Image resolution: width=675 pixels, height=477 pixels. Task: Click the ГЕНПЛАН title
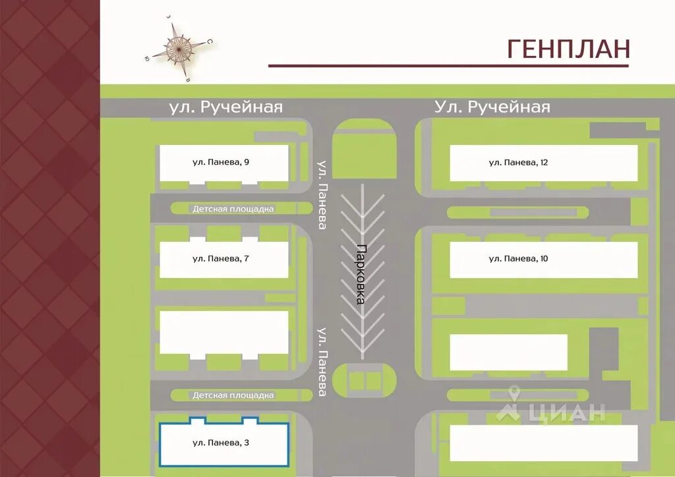tap(568, 49)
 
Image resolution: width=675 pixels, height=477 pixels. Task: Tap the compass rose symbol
tap(177, 47)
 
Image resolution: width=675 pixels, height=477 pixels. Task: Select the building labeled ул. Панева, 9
tap(223, 163)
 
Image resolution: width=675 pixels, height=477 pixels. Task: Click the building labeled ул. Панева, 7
tap(223, 259)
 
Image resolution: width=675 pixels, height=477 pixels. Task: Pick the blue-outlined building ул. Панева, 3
tap(223, 443)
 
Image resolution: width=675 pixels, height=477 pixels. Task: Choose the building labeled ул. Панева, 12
tap(543, 163)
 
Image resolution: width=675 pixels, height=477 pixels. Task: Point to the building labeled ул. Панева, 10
tap(543, 259)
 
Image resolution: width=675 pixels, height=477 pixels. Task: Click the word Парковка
tap(361, 274)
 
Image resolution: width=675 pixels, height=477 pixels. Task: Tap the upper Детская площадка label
tap(233, 209)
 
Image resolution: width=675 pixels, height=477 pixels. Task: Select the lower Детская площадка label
tap(233, 395)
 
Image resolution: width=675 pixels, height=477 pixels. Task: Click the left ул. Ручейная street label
tap(225, 107)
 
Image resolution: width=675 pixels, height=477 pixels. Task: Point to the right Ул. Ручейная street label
tap(492, 107)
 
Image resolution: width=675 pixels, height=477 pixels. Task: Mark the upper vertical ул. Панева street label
tap(322, 195)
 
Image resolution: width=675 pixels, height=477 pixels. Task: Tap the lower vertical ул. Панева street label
tap(322, 362)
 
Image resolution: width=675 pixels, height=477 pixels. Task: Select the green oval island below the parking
tap(364, 381)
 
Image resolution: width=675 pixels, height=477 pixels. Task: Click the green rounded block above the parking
tap(364, 148)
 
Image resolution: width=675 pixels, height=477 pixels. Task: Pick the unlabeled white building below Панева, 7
tap(223, 333)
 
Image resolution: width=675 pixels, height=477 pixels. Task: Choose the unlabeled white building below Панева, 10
tap(508, 352)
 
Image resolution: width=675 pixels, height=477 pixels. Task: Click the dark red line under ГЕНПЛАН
tap(448, 66)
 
